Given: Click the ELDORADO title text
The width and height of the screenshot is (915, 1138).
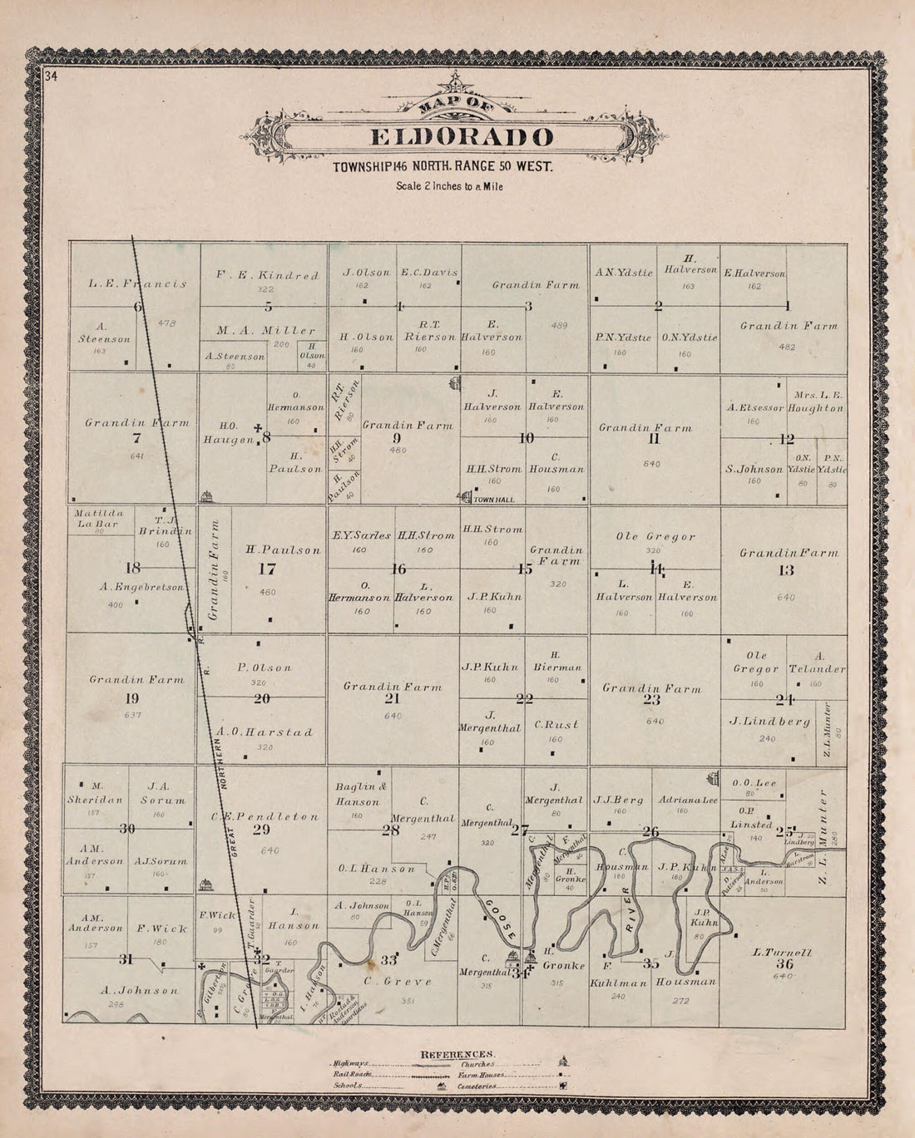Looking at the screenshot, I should click(x=460, y=139).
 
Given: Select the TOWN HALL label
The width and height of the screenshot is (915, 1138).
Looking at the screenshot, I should click(x=494, y=500).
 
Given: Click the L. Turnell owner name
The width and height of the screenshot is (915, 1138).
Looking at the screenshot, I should click(x=781, y=952).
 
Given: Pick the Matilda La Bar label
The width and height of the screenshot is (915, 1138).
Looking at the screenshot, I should click(x=96, y=518).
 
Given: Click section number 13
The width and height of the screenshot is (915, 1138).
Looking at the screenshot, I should click(x=786, y=570).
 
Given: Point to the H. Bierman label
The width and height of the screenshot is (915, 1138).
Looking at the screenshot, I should click(x=556, y=661).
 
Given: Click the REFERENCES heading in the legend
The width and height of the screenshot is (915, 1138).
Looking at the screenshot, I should click(x=457, y=1054).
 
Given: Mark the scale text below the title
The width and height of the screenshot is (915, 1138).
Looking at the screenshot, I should click(x=449, y=186).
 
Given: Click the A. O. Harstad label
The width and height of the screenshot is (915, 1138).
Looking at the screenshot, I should click(x=265, y=732).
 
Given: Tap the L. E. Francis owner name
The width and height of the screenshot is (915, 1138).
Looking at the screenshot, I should click(x=137, y=283).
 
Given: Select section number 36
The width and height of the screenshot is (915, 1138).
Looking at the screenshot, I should click(x=784, y=964).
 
